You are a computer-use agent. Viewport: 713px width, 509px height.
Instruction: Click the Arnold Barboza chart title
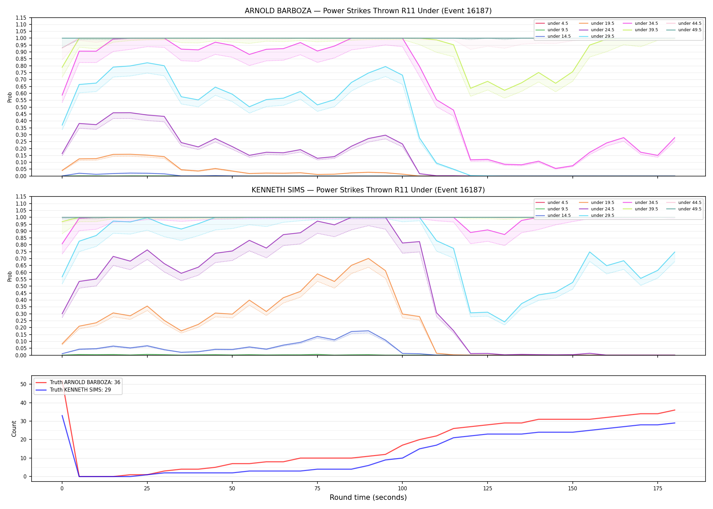pyautogui.click(x=368, y=11)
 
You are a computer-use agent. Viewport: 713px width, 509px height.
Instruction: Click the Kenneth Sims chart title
pyautogui.click(x=368, y=190)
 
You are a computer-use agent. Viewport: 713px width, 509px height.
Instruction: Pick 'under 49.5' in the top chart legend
pyautogui.click(x=690, y=30)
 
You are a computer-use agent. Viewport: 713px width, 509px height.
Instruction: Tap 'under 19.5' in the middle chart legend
pyautogui.click(x=602, y=203)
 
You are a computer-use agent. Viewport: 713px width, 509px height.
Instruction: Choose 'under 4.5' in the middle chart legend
pyautogui.click(x=557, y=203)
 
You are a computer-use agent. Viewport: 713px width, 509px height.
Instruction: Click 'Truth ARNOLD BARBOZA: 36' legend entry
pyautogui.click(x=85, y=382)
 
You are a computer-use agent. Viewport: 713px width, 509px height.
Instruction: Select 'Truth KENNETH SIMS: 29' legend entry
pyautogui.click(x=80, y=390)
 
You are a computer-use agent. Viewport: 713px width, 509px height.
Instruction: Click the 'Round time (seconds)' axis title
pyautogui.click(x=368, y=497)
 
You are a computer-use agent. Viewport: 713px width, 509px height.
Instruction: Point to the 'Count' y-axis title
pyautogui.click(x=14, y=429)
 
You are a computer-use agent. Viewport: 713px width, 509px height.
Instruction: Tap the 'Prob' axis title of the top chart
pyautogui.click(x=10, y=97)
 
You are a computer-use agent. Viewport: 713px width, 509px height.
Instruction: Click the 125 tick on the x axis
pyautogui.click(x=487, y=489)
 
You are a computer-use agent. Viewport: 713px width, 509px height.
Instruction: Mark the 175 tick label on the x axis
pyautogui.click(x=658, y=489)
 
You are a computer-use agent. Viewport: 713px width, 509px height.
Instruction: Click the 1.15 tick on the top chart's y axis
pyautogui.click(x=21, y=18)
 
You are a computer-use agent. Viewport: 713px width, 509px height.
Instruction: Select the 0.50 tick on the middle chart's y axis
pyautogui.click(x=21, y=286)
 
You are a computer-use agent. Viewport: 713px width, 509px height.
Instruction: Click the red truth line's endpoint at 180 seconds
pyautogui.click(x=675, y=410)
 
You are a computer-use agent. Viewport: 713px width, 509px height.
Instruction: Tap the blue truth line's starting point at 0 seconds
pyautogui.click(x=62, y=415)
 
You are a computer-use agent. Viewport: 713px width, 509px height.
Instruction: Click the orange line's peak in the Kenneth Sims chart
pyautogui.click(x=368, y=259)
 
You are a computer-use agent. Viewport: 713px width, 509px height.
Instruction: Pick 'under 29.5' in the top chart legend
pyautogui.click(x=602, y=36)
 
